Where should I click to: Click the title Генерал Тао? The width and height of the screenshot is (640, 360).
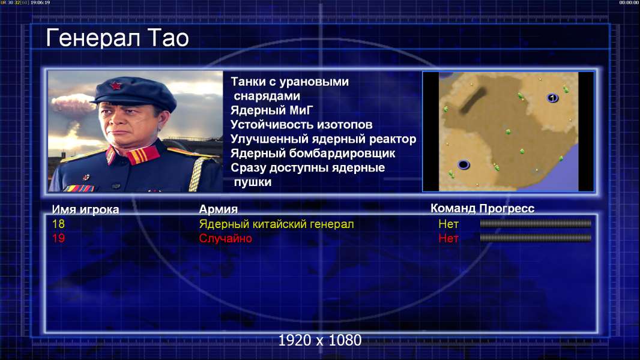pos(117,38)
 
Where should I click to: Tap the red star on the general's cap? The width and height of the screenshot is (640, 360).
pos(115,86)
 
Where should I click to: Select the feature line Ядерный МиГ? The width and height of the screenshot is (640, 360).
pos(271,110)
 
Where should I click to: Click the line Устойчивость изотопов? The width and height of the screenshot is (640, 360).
pos(301,125)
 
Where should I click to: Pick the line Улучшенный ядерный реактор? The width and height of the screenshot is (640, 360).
pos(323,139)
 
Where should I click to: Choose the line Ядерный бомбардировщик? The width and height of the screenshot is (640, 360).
pos(313,153)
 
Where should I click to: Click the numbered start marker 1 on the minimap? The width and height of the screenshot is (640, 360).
pos(552,98)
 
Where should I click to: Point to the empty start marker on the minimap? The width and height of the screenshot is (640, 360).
pos(463,165)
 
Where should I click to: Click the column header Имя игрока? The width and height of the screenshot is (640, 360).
pos(85,209)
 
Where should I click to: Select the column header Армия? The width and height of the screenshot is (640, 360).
pos(218,209)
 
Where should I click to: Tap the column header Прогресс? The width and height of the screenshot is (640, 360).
pos(507,209)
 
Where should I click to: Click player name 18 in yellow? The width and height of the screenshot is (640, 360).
pos(58,224)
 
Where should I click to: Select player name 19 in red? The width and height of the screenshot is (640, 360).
pos(58,238)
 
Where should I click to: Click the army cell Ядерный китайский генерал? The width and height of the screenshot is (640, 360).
pos(276,224)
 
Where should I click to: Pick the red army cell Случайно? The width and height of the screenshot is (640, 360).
pos(225,239)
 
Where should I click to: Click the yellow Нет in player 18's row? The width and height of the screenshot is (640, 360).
pos(448,224)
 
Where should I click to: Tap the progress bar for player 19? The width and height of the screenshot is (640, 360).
pos(536,238)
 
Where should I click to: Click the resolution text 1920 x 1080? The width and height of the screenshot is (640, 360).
pos(320,340)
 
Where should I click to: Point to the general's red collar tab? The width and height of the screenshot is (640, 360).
pos(143,155)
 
